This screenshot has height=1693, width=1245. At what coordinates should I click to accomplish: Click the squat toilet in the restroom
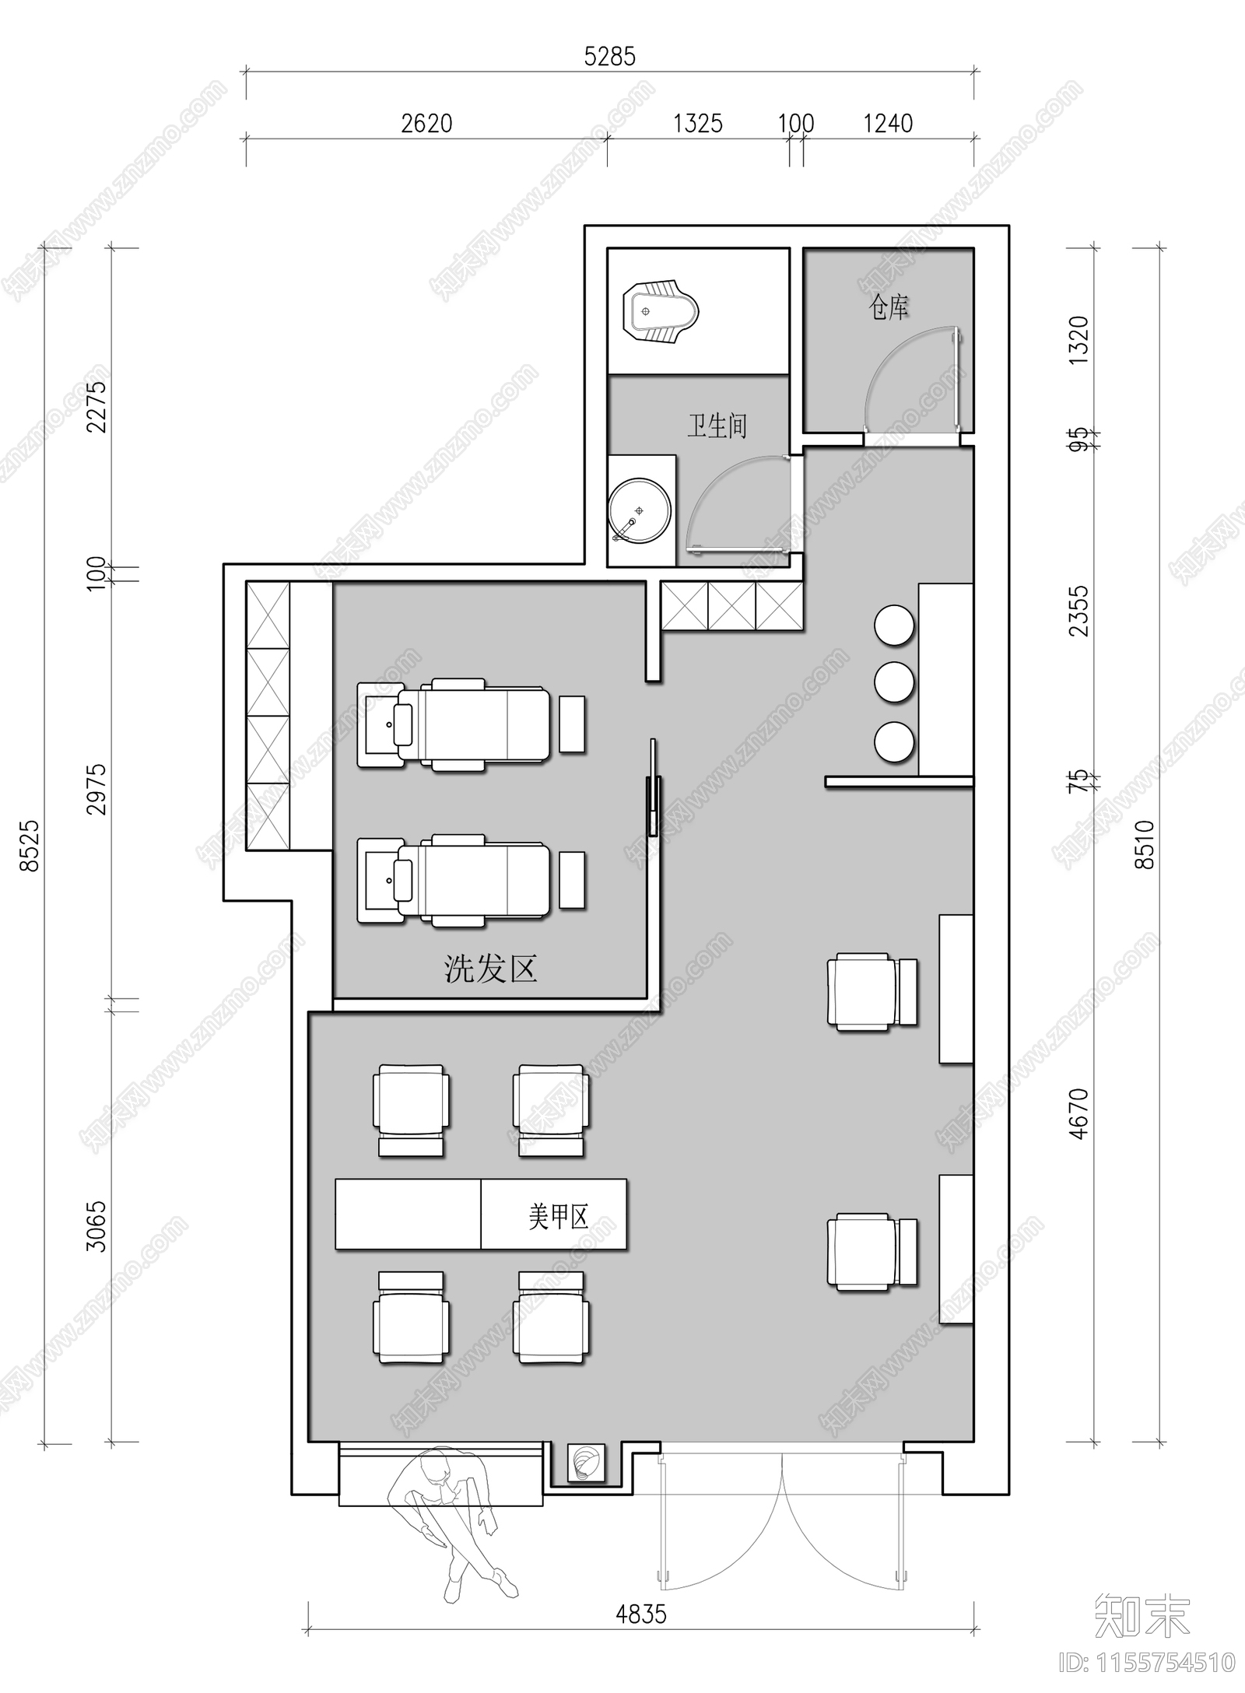click(x=661, y=312)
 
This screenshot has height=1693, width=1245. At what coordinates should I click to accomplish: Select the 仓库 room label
click(x=888, y=308)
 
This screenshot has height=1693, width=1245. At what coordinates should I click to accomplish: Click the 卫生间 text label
click(x=717, y=426)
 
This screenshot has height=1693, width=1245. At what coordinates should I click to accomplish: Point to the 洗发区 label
click(x=491, y=969)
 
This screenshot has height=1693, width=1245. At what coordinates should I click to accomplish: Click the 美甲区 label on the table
click(x=558, y=1217)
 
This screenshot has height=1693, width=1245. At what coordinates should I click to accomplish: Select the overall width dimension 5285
click(x=610, y=57)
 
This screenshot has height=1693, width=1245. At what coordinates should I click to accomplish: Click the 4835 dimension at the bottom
click(x=641, y=1614)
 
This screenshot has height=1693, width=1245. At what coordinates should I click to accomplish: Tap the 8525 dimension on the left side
click(x=30, y=844)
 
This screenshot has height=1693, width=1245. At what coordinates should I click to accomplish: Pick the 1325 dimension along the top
click(x=697, y=124)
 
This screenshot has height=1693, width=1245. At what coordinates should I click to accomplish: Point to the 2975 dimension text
click(x=96, y=789)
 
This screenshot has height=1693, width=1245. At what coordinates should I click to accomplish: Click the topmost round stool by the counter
click(x=894, y=624)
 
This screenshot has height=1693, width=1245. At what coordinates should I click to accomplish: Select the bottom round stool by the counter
click(x=894, y=742)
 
